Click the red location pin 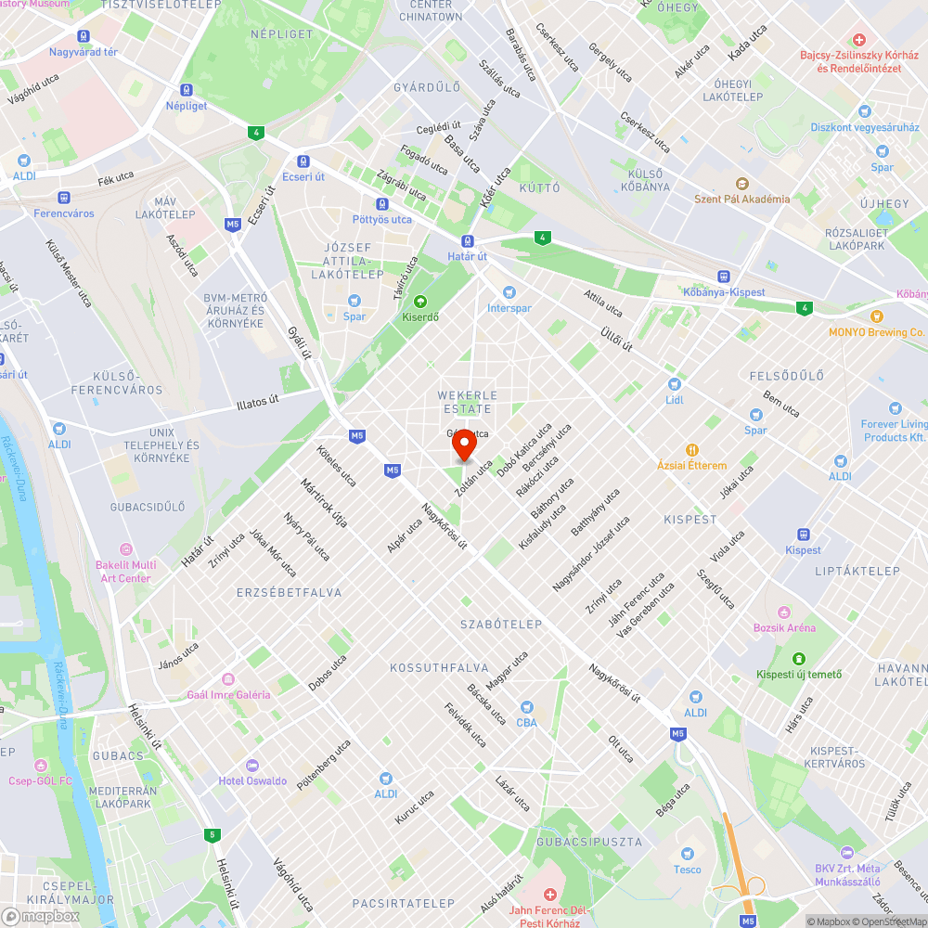pyautogui.click(x=463, y=446)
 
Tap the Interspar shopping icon pyautogui.click(x=496, y=291)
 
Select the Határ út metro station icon pyautogui.click(x=468, y=241)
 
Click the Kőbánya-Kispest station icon pyautogui.click(x=722, y=277)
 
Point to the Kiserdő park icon pyautogui.click(x=419, y=301)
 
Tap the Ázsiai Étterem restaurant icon pyautogui.click(x=691, y=449)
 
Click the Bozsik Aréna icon pyautogui.click(x=784, y=612)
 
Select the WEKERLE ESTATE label pyautogui.click(x=468, y=402)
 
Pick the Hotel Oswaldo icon pyautogui.click(x=252, y=766)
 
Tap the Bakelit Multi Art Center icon pyautogui.click(x=126, y=548)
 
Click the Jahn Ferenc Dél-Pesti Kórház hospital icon pyautogui.click(x=550, y=895)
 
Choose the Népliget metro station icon pyautogui.click(x=187, y=90)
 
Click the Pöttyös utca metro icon pyautogui.click(x=381, y=204)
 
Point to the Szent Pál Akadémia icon pyautogui.click(x=741, y=183)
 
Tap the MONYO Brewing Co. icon pyautogui.click(x=877, y=316)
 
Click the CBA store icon pyautogui.click(x=526, y=707)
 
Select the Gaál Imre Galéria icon pyautogui.click(x=228, y=679)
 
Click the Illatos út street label pyautogui.click(x=257, y=402)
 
